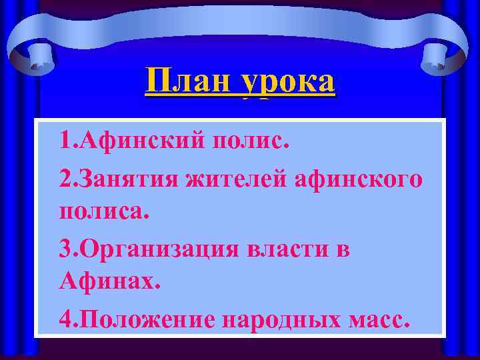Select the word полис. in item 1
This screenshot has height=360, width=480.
coord(251,141)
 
